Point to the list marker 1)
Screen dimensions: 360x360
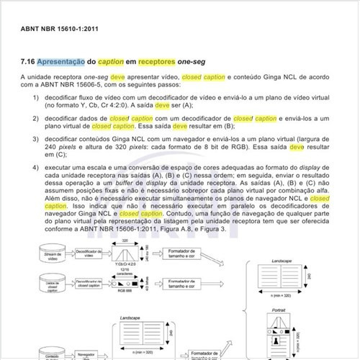point(35,96)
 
